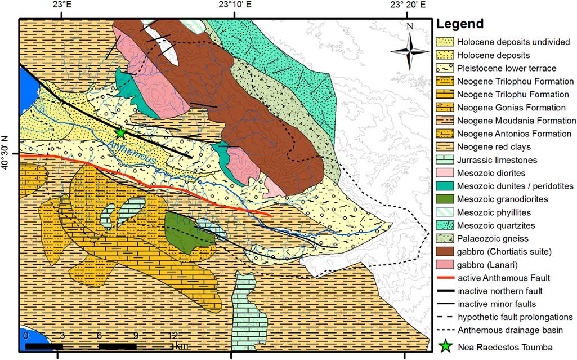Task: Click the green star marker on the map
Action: (120, 132)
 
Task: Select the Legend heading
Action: (459, 24)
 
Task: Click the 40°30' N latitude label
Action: (7, 153)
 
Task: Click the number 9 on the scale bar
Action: (136, 336)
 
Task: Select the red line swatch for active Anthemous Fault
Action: (445, 278)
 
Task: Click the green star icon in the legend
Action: (445, 346)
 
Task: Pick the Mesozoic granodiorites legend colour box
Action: (445, 199)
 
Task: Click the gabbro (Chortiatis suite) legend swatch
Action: (445, 251)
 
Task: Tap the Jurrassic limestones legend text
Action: (494, 160)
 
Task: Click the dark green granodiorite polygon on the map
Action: (189, 231)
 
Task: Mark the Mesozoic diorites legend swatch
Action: (445, 172)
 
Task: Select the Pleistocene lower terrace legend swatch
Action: (445, 68)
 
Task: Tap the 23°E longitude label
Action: (57, 6)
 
